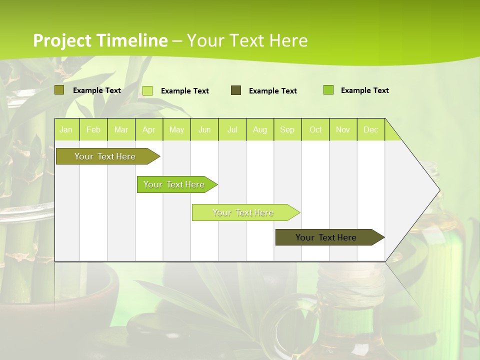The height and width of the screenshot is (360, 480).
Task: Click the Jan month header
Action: pyautogui.click(x=66, y=129)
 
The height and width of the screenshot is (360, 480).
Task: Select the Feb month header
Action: pyautogui.click(x=93, y=129)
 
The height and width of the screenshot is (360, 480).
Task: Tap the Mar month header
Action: pyautogui.click(x=121, y=129)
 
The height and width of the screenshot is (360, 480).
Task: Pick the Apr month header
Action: pyautogui.click(x=149, y=129)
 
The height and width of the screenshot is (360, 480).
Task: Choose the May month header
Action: pyautogui.click(x=176, y=129)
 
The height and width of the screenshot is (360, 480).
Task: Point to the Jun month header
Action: pyautogui.click(x=204, y=129)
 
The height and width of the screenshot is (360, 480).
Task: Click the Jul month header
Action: pyautogui.click(x=232, y=129)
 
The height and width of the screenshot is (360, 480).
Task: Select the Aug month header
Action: pyautogui.click(x=260, y=129)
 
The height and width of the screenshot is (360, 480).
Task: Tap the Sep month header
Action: pyautogui.click(x=287, y=129)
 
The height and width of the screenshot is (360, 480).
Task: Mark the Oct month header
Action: pyautogui.click(x=315, y=129)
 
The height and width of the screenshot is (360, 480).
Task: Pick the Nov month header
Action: pyautogui.click(x=343, y=129)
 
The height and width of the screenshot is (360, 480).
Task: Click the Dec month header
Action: pyautogui.click(x=371, y=129)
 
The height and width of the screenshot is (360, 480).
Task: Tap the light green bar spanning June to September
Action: pyautogui.click(x=243, y=212)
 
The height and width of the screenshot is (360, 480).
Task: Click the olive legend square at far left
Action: pyautogui.click(x=59, y=90)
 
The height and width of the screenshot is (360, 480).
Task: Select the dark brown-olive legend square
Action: pyautogui.click(x=236, y=90)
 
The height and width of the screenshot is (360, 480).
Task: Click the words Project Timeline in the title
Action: pyautogui.click(x=100, y=40)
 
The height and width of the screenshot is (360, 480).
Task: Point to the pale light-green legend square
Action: pyautogui.click(x=147, y=90)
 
